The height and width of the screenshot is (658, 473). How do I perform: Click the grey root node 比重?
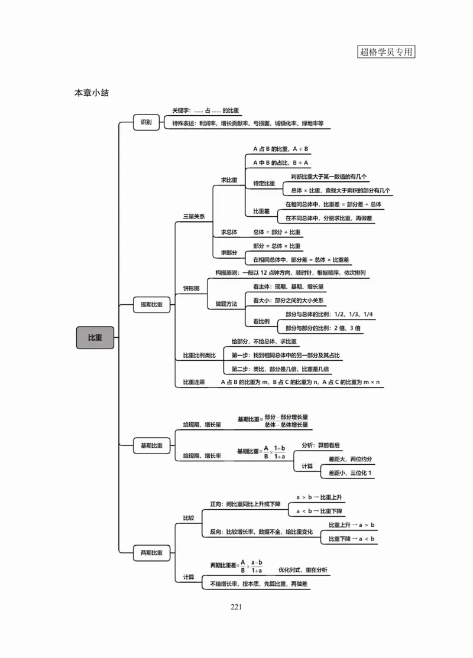(95, 337)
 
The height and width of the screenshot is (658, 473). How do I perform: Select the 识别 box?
(145, 123)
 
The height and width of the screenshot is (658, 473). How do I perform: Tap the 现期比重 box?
(151, 305)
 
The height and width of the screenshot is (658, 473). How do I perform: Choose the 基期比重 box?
(151, 445)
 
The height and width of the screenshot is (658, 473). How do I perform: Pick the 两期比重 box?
(151, 553)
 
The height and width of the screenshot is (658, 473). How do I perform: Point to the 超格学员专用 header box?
(386, 51)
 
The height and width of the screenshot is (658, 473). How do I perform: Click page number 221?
(237, 607)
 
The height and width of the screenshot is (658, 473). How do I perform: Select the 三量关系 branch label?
(193, 217)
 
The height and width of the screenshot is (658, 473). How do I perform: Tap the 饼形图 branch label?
(191, 288)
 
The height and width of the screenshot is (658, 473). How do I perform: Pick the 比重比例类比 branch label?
(199, 356)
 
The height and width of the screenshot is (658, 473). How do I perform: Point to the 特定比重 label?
(264, 184)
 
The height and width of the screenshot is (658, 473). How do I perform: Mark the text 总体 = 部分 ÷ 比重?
(277, 232)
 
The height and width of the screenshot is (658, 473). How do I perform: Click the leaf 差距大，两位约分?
(346, 459)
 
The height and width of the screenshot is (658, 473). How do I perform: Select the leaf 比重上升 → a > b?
(352, 525)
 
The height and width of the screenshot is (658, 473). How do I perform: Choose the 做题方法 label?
(226, 304)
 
